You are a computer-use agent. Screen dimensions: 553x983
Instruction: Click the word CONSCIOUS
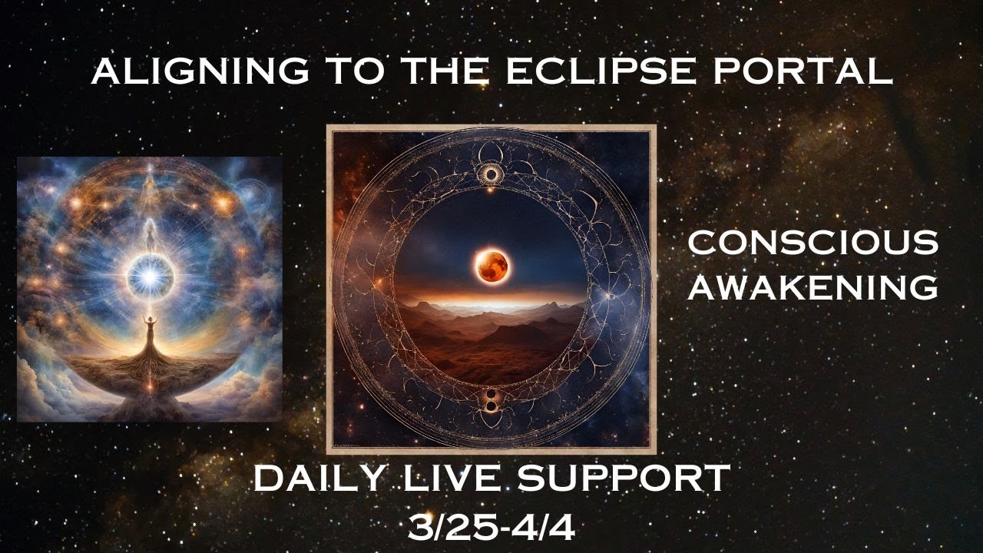click(x=813, y=243)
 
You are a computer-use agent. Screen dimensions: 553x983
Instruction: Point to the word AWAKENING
click(x=813, y=286)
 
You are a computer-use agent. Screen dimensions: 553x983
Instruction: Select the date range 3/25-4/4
click(x=491, y=527)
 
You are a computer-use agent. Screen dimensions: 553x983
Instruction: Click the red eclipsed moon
click(x=491, y=264)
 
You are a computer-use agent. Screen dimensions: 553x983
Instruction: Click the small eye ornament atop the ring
click(x=489, y=174)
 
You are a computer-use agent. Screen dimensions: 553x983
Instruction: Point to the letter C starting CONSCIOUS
click(x=700, y=243)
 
